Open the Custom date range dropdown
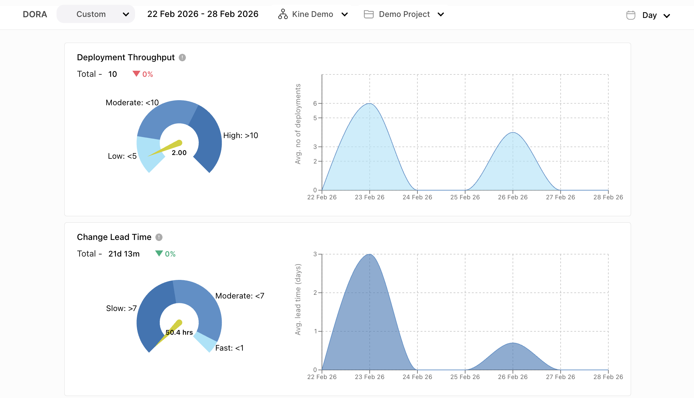[96, 14]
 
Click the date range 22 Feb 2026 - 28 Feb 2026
[202, 14]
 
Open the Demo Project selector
[404, 14]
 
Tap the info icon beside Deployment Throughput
[182, 58]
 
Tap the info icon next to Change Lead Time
[159, 237]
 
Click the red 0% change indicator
[143, 74]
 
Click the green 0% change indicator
[166, 254]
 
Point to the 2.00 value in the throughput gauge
[179, 153]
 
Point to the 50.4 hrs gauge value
[179, 332]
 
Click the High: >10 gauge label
[240, 135]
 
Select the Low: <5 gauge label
[122, 156]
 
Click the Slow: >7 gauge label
[121, 308]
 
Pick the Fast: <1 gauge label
[229, 348]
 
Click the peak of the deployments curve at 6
[370, 104]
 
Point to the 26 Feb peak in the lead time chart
[513, 343]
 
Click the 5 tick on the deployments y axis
[315, 118]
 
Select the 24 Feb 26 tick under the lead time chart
[417, 377]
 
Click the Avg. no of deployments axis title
[298, 124]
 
